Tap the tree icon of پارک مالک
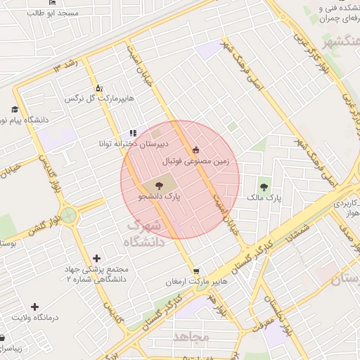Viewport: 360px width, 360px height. (264, 186)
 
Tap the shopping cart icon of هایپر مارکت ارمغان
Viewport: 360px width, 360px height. (195, 271)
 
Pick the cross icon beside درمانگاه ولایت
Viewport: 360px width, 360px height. (34, 306)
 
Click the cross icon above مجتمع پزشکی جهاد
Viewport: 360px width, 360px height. (96, 258)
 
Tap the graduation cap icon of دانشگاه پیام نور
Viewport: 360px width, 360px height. (15, 109)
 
